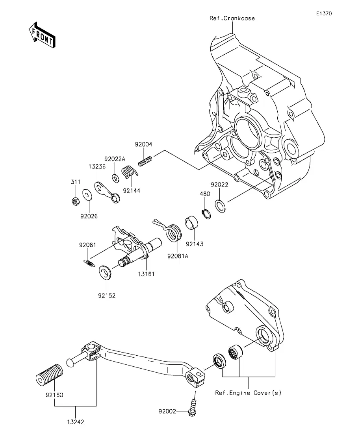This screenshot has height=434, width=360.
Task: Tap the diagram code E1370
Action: pyautogui.click(x=324, y=13)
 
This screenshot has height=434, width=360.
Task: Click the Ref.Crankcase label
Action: pyautogui.click(x=232, y=18)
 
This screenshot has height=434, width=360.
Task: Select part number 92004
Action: pyautogui.click(x=143, y=144)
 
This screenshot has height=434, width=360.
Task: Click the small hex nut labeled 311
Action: pyautogui.click(x=75, y=201)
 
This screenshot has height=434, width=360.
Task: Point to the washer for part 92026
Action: pyautogui.click(x=87, y=195)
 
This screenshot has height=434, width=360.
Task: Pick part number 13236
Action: pyautogui.click(x=97, y=166)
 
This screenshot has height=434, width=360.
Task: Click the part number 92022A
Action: pyautogui.click(x=115, y=159)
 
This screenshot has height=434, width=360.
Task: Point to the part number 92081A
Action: pyautogui.click(x=178, y=256)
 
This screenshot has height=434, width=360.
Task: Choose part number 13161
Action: pyautogui.click(x=146, y=274)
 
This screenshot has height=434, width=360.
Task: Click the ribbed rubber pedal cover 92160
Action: pyautogui.click(x=49, y=375)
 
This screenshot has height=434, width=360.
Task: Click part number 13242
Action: pyautogui.click(x=75, y=422)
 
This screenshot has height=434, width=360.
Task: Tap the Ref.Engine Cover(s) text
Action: pyautogui.click(x=248, y=393)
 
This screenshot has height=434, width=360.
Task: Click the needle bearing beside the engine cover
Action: pyautogui.click(x=236, y=352)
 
